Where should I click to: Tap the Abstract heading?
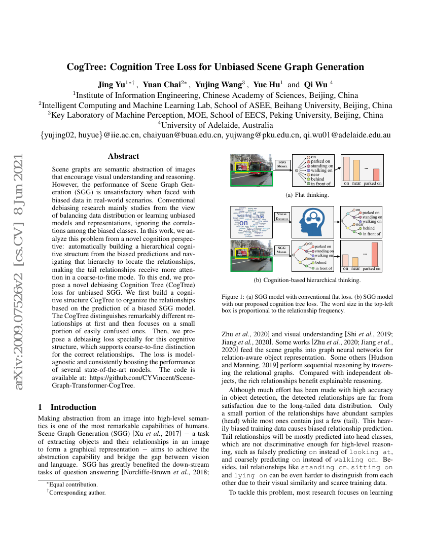123,156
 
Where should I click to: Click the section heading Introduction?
73,407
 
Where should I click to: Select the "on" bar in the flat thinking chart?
346,168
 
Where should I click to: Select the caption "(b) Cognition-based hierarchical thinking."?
307,280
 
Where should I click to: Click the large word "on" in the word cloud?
243,222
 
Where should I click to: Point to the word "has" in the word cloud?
260,217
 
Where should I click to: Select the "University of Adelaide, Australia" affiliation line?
215,125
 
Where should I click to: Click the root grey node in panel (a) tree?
296,170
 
